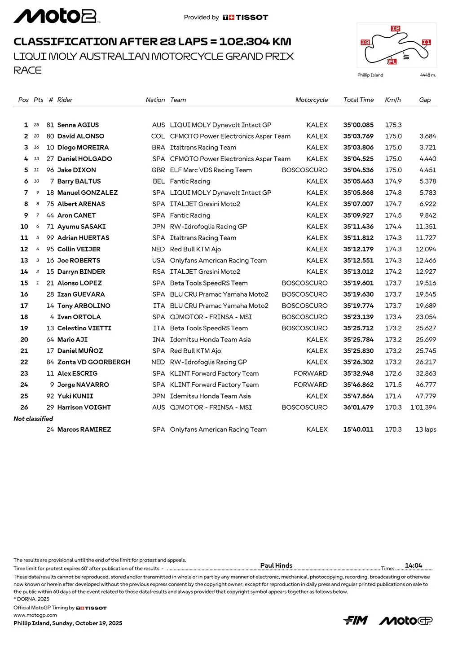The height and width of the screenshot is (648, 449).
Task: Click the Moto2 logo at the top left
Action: [57, 17]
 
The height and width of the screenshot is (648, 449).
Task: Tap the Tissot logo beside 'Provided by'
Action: [245, 18]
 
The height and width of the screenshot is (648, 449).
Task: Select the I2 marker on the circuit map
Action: [395, 29]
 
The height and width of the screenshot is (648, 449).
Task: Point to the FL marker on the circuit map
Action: [392, 61]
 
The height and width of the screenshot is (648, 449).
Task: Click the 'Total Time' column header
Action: [358, 100]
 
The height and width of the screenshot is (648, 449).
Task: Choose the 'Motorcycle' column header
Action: [311, 100]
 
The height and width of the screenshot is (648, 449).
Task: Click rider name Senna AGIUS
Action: [78, 125]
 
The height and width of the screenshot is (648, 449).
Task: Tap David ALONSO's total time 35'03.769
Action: [358, 136]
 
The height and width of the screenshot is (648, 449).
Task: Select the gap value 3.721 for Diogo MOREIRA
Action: [427, 148]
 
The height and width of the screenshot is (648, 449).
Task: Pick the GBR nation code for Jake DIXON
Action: [158, 170]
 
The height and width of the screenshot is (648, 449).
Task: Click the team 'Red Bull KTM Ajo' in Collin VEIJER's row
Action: [195, 249]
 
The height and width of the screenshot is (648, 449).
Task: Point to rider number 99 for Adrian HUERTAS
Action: [50, 238]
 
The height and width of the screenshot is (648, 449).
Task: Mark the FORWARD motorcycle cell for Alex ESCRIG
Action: [310, 373]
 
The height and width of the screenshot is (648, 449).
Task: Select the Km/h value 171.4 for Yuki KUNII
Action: [393, 396]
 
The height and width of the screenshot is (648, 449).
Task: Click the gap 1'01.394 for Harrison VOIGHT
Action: [423, 407]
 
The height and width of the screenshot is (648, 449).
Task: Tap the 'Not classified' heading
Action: [33, 419]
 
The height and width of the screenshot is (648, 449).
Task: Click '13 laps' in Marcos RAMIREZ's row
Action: [425, 429]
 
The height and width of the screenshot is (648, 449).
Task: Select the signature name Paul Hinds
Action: [276, 565]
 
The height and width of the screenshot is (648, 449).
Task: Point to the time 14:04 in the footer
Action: [414, 565]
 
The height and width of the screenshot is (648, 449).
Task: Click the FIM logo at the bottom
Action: [356, 620]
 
